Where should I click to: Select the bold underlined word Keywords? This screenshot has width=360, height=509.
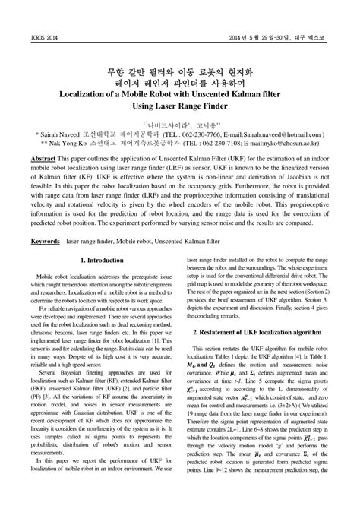pos(45,261)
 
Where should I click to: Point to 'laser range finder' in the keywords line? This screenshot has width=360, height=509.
pos(94,261)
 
